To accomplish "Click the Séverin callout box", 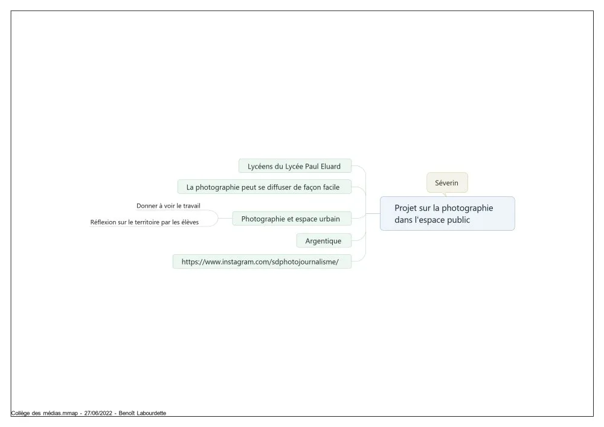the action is coord(447,182).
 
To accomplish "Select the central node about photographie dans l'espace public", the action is coord(447,214).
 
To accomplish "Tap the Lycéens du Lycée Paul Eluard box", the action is coord(295,166).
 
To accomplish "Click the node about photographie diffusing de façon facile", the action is coord(265,187).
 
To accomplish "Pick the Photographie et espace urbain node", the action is coord(292,219).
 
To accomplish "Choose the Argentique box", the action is coord(324,240).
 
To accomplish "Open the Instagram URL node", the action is coord(262,262).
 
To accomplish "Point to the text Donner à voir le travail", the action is coord(169,205).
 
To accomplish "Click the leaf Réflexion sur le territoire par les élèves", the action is coord(144,222).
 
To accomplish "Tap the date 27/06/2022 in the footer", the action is coord(98,413).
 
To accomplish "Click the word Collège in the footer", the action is coord(21,413).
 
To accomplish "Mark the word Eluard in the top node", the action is coord(330,166).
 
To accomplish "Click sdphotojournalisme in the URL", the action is coord(304,262).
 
